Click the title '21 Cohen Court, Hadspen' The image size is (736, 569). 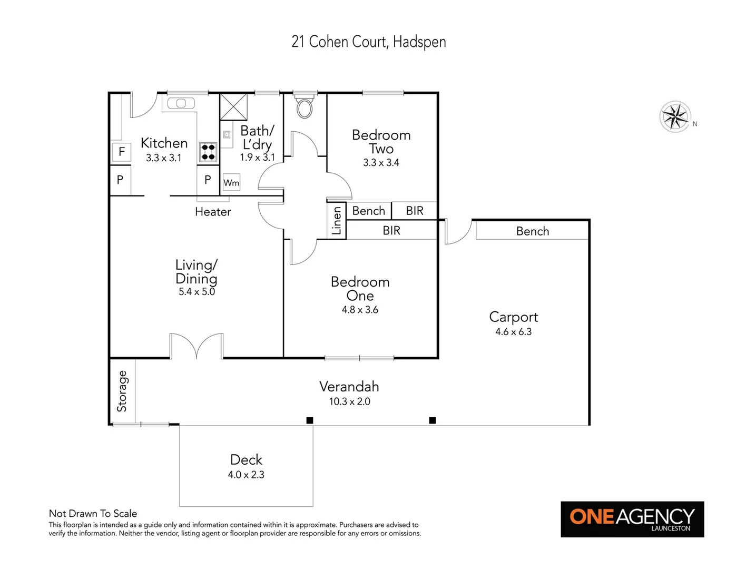coord(368,42)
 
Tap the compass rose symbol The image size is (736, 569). coord(675,116)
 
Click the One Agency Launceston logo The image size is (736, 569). coord(632,519)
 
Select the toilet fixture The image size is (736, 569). coord(305,107)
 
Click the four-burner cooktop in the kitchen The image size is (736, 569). coord(208,152)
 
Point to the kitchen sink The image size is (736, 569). coord(181,103)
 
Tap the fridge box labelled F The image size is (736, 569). coord(122,152)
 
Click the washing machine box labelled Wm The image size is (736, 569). coord(231,183)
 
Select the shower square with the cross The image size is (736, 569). coord(233,107)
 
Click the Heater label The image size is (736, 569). coord(213,212)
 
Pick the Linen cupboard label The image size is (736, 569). coord(337,221)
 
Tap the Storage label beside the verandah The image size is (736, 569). coord(122,391)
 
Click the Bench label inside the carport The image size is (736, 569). coord(532,231)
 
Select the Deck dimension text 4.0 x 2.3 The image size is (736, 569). coord(246,475)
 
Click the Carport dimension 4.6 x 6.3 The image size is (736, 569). coord(513,332)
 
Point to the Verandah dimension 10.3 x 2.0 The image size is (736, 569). coord(349,401)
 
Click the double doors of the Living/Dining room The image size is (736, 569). coord(197,346)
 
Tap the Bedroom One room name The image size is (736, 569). coord(360,289)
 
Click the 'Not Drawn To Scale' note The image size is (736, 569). coord(93,513)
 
